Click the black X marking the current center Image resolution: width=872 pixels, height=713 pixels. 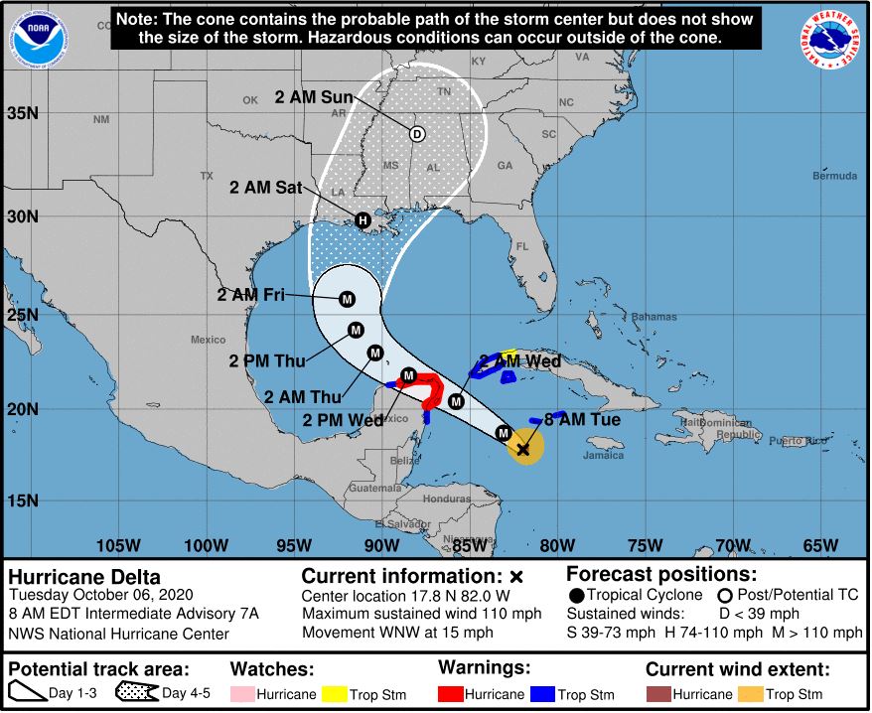point(523,449)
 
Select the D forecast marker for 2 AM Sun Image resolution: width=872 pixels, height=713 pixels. point(417,134)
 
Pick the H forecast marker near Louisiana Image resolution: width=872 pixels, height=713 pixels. point(363,220)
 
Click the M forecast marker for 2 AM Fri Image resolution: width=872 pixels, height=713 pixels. point(348,299)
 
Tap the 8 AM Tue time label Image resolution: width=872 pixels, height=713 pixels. point(582,420)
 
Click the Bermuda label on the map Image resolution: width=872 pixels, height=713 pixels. point(833,176)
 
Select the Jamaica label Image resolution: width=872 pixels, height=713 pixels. point(604,456)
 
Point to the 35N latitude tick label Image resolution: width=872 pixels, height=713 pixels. point(22,113)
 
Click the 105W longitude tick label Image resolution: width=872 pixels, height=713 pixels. point(118,544)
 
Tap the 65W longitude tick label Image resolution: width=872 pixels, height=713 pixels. point(819,544)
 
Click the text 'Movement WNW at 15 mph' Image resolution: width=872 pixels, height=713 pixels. point(397,632)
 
